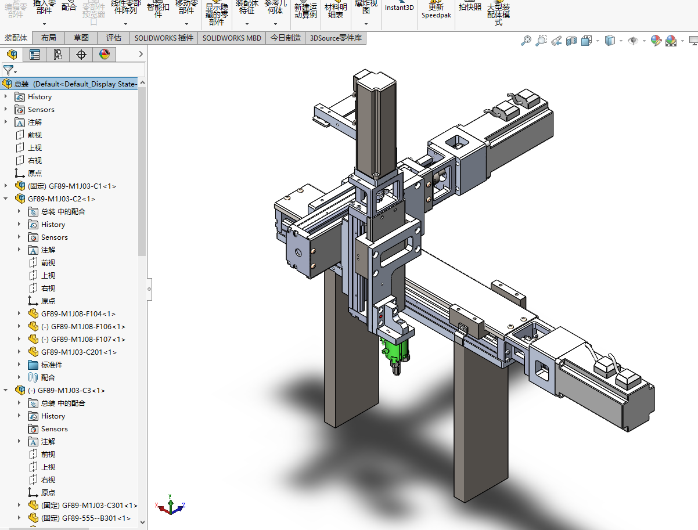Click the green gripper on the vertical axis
tap(394, 350)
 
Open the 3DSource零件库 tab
tap(336, 38)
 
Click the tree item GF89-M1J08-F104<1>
tap(78, 314)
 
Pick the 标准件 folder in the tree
tap(51, 365)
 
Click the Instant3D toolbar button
tap(400, 8)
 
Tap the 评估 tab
tap(114, 38)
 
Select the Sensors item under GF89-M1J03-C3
tap(54, 429)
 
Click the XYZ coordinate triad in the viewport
tap(170, 506)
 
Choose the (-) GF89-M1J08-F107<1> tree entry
tap(88, 340)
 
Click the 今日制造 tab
tap(286, 38)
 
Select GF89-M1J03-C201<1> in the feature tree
tap(78, 352)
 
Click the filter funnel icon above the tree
tap(8, 70)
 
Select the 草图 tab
tap(81, 38)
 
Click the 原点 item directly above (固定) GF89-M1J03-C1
tap(34, 174)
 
